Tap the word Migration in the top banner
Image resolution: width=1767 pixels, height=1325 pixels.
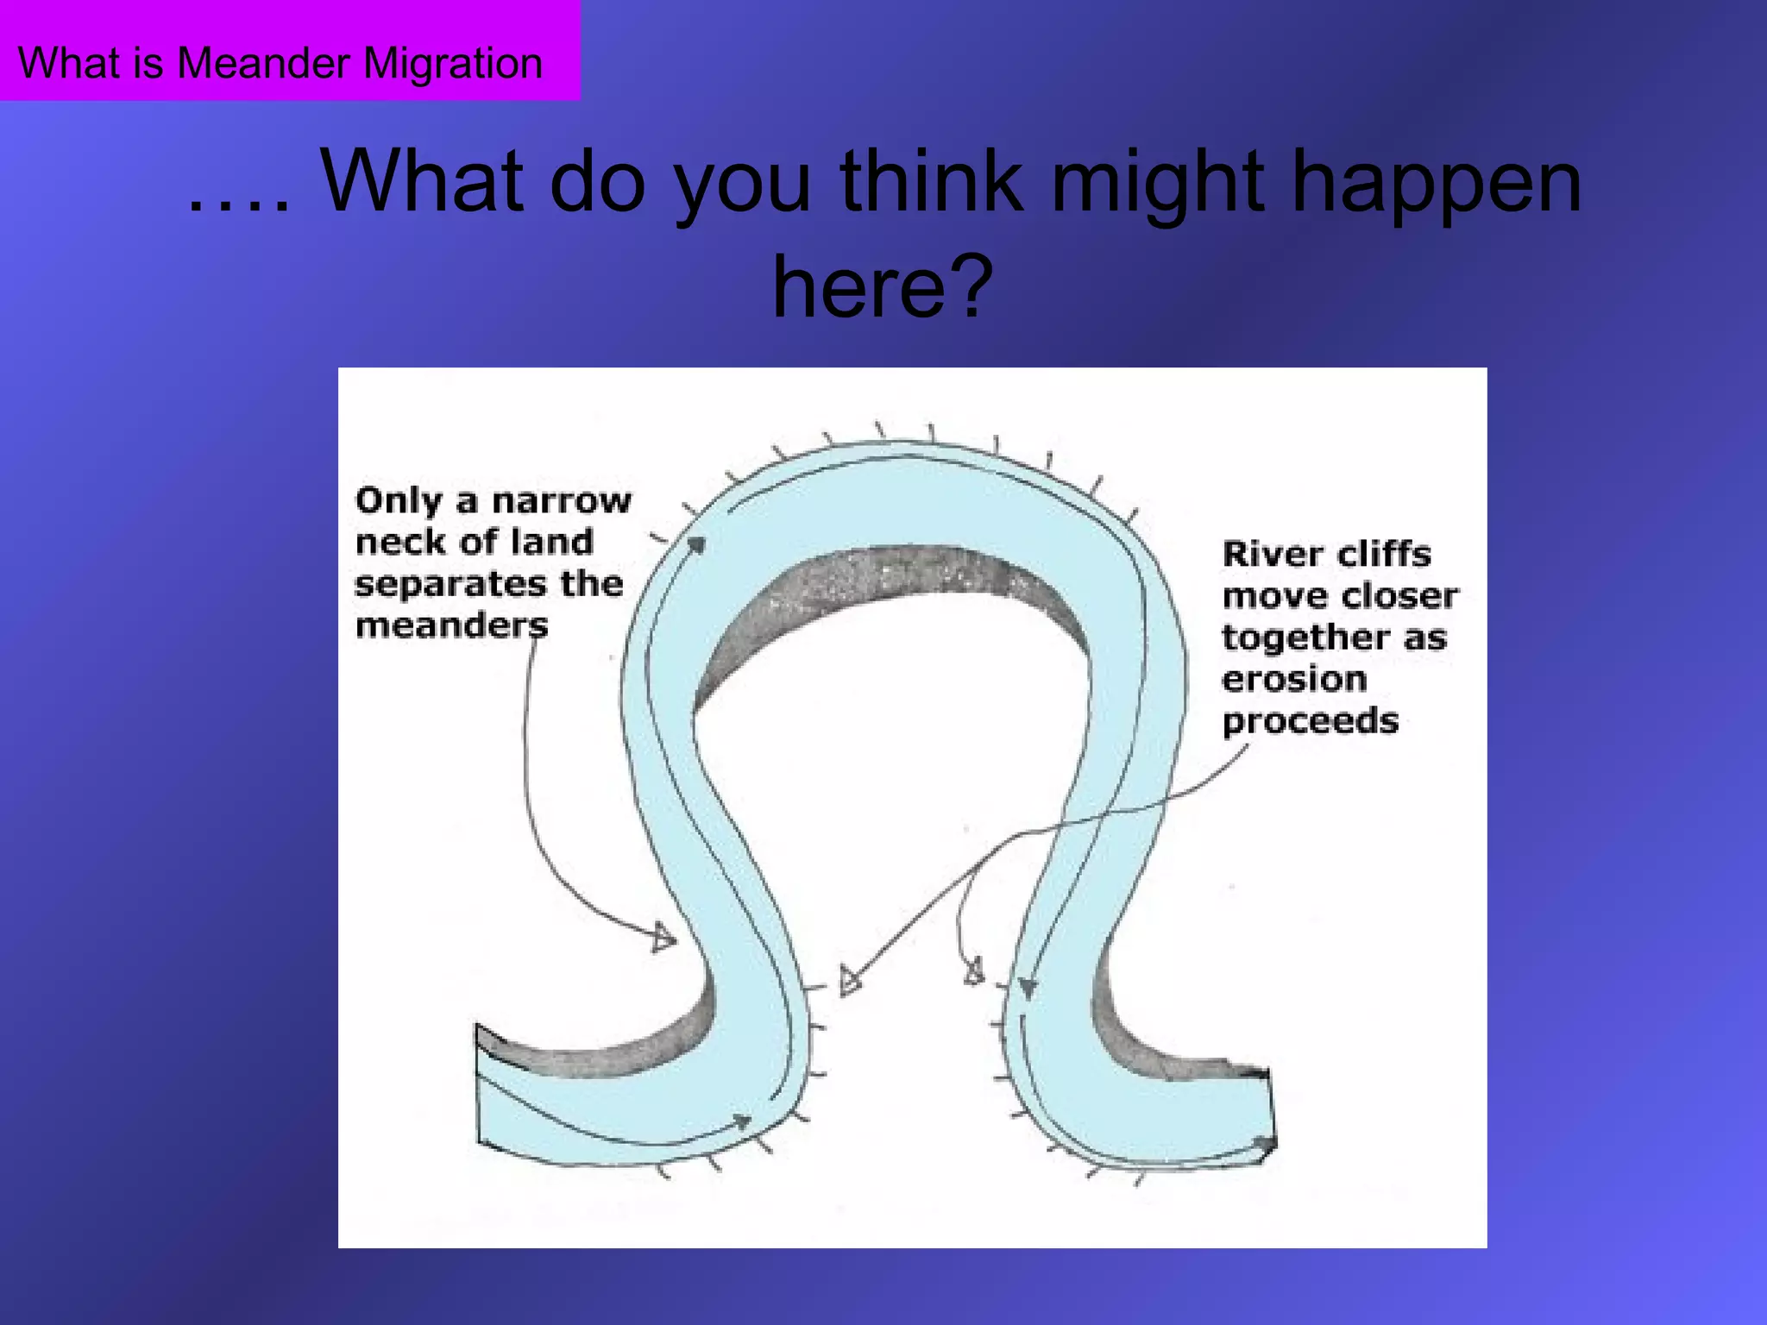[x=453, y=64]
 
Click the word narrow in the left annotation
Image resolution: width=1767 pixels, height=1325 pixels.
[x=562, y=500]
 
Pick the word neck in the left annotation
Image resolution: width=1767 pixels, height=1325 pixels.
[x=398, y=543]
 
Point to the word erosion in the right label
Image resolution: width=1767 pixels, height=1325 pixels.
[x=1294, y=680]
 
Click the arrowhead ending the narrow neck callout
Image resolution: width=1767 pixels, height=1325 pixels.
[x=663, y=938]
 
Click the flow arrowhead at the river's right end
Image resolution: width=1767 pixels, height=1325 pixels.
[x=1263, y=1144]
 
